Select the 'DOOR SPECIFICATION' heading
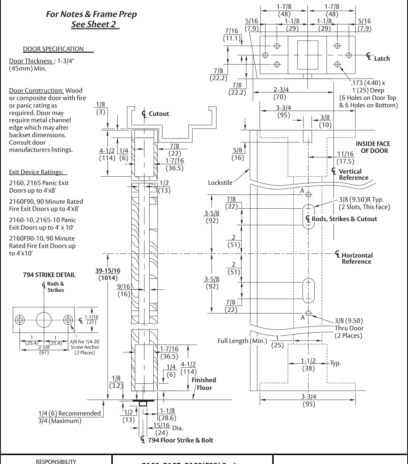[x=53, y=49]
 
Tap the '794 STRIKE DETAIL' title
[x=49, y=275]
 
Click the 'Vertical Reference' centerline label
[x=351, y=174]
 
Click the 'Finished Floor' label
[x=204, y=384]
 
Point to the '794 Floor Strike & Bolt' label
[x=177, y=440]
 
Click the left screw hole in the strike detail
[x=19, y=320]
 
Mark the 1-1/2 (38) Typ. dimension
[x=308, y=365]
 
